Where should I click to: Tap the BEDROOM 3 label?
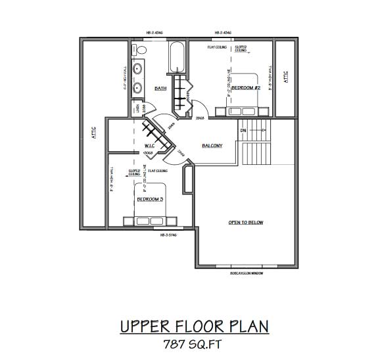pyautogui.click(x=150, y=198)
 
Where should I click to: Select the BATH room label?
pyautogui.click(x=160, y=88)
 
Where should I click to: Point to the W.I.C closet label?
pyautogui.click(x=149, y=145)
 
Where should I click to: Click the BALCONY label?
pyautogui.click(x=212, y=145)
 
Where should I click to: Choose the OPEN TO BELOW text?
pyautogui.click(x=246, y=222)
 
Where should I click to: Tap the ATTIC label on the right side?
pyautogui.click(x=285, y=77)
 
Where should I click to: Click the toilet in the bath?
pyautogui.click(x=140, y=49)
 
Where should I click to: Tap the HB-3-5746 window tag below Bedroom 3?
pyautogui.click(x=169, y=235)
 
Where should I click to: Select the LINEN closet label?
pyautogui.click(x=137, y=108)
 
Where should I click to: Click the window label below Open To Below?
pyautogui.click(x=246, y=273)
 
